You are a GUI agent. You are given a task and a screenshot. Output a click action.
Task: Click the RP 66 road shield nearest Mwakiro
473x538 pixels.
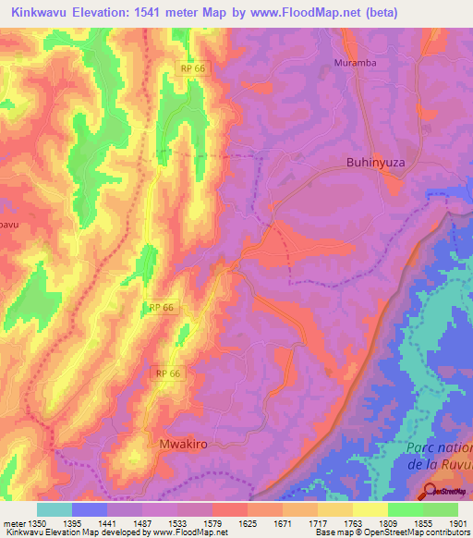pyautogui.click(x=168, y=373)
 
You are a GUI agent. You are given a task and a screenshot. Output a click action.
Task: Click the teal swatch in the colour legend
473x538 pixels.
pyautogui.click(x=55, y=509)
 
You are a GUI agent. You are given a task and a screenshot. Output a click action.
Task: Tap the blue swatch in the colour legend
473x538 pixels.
pyautogui.click(x=90, y=509)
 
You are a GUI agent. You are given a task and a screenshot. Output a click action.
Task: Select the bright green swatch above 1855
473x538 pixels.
pyautogui.click(x=405, y=509)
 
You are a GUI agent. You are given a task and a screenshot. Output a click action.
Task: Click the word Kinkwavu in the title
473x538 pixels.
pyautogui.click(x=42, y=12)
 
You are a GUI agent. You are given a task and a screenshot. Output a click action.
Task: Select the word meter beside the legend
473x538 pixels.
pyautogui.click(x=15, y=523)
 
